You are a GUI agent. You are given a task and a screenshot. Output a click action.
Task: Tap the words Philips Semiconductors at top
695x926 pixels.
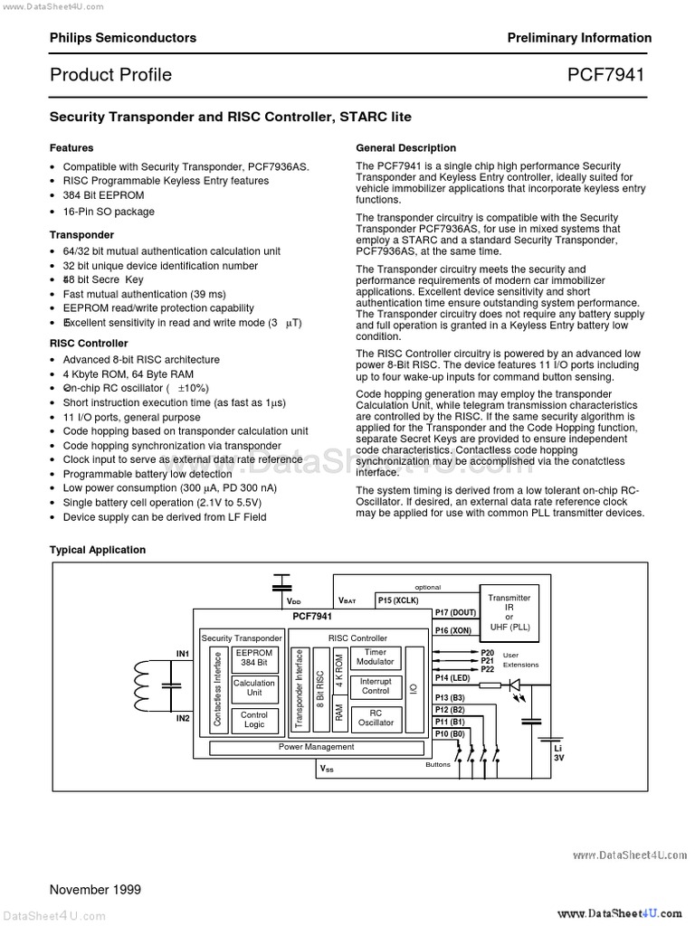click(x=122, y=38)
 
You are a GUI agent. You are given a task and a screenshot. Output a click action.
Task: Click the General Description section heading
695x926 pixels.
click(x=405, y=147)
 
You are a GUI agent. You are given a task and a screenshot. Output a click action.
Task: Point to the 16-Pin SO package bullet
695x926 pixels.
click(x=109, y=212)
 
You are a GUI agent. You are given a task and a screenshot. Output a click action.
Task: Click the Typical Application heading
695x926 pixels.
click(x=97, y=550)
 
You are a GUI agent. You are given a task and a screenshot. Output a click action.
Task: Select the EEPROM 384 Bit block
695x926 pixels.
click(x=253, y=657)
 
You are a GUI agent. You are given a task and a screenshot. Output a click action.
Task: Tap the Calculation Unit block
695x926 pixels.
click(x=253, y=688)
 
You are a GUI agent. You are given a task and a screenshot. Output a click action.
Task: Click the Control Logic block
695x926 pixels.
click(x=253, y=720)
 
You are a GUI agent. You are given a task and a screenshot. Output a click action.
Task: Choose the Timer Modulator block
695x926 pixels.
click(x=375, y=657)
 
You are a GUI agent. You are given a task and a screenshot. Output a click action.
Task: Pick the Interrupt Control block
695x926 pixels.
click(x=375, y=686)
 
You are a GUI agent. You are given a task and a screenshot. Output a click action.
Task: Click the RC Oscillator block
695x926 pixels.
click(x=375, y=717)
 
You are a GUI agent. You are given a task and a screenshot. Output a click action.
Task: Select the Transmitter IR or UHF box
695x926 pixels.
click(x=509, y=612)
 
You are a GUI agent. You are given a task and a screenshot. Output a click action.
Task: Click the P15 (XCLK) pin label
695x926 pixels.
click(x=397, y=600)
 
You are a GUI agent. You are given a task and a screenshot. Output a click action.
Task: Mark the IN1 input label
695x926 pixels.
click(x=182, y=653)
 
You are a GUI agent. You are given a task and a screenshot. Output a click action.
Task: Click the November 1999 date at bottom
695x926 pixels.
click(x=95, y=890)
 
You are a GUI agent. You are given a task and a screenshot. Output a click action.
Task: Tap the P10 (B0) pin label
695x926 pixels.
click(x=449, y=733)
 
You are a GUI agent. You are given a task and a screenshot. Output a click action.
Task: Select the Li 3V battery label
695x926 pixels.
click(x=558, y=753)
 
